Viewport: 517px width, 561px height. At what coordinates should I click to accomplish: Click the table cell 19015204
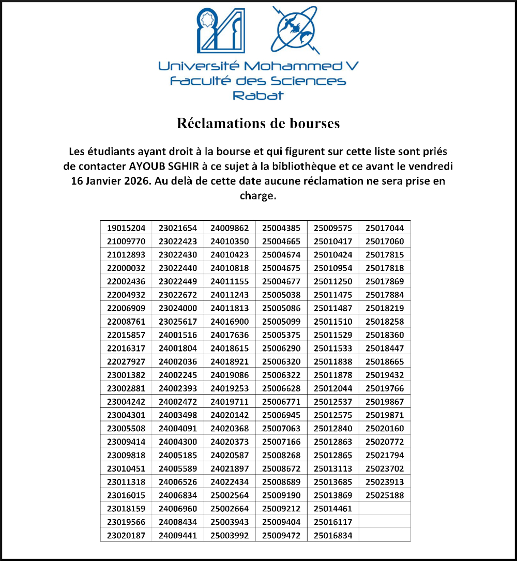tap(126, 228)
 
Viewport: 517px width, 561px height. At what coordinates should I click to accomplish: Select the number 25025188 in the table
tap(385, 495)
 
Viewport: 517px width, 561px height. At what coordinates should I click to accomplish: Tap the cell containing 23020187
tap(126, 536)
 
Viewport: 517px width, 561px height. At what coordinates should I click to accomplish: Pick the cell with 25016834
tap(333, 536)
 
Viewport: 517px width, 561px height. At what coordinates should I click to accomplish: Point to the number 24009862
tap(230, 228)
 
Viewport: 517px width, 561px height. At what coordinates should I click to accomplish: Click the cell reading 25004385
tap(281, 228)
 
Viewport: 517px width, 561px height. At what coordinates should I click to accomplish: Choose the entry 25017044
tap(385, 228)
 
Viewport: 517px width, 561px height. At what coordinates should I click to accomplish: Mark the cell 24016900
tap(230, 322)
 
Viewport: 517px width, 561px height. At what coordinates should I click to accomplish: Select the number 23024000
tap(178, 308)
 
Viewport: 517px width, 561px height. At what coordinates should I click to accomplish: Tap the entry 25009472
tap(281, 536)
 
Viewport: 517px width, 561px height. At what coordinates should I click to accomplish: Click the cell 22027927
tap(126, 362)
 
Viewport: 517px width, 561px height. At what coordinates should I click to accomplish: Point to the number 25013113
tap(333, 469)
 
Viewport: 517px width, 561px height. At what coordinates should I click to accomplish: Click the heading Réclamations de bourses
tap(258, 124)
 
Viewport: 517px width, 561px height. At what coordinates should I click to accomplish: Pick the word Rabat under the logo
tap(258, 96)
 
